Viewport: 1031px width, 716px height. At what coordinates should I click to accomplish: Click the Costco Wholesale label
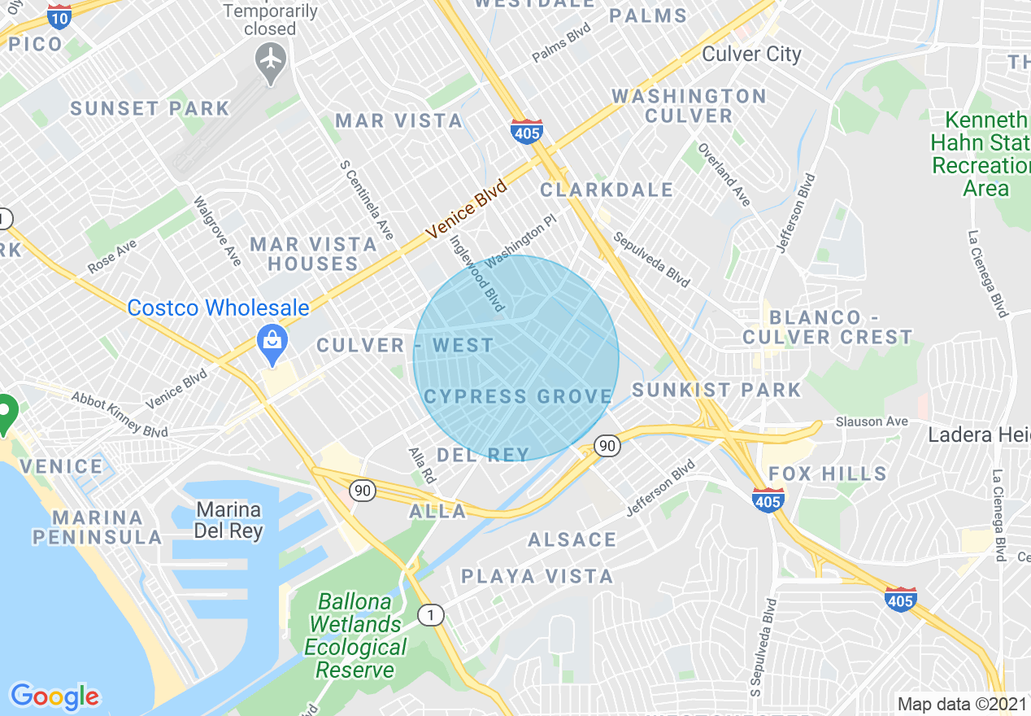[218, 308]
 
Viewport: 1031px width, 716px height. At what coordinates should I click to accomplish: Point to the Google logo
[54, 696]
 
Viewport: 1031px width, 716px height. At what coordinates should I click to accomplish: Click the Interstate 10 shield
[59, 15]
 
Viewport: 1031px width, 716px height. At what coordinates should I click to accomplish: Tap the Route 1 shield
[431, 615]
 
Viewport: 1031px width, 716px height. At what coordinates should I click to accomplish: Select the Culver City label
[751, 55]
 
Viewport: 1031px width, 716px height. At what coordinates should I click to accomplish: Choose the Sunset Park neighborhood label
[150, 108]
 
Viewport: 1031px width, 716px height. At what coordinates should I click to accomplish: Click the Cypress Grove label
[518, 396]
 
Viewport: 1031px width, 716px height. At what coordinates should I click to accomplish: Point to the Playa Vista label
[537, 576]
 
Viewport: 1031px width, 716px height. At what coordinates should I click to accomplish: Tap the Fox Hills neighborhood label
[828, 474]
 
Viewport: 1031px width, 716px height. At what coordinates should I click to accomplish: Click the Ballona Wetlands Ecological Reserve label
[355, 636]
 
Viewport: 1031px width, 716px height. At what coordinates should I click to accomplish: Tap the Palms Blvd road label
[561, 48]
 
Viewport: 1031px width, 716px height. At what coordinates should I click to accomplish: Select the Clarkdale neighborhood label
[607, 190]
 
